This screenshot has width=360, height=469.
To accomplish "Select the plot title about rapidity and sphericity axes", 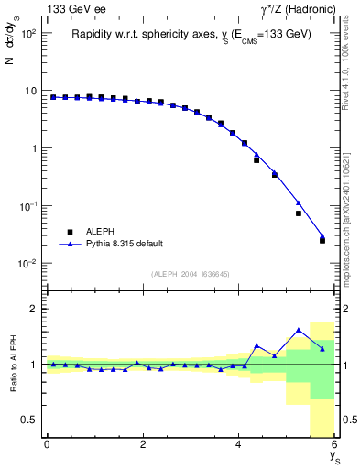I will [191, 34].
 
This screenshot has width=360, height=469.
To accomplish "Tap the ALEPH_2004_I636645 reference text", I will [190, 274].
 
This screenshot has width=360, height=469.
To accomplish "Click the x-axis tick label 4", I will [239, 444].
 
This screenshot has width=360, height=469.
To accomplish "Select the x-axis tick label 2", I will [143, 444].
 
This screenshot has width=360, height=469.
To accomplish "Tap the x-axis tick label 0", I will [47, 444].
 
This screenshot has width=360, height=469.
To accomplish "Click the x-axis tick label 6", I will [334, 444].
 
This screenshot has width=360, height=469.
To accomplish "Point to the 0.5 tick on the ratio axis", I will [31, 420].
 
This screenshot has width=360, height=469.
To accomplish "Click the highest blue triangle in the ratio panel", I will [299, 330].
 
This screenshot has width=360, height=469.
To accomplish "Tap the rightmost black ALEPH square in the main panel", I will [322, 240].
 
